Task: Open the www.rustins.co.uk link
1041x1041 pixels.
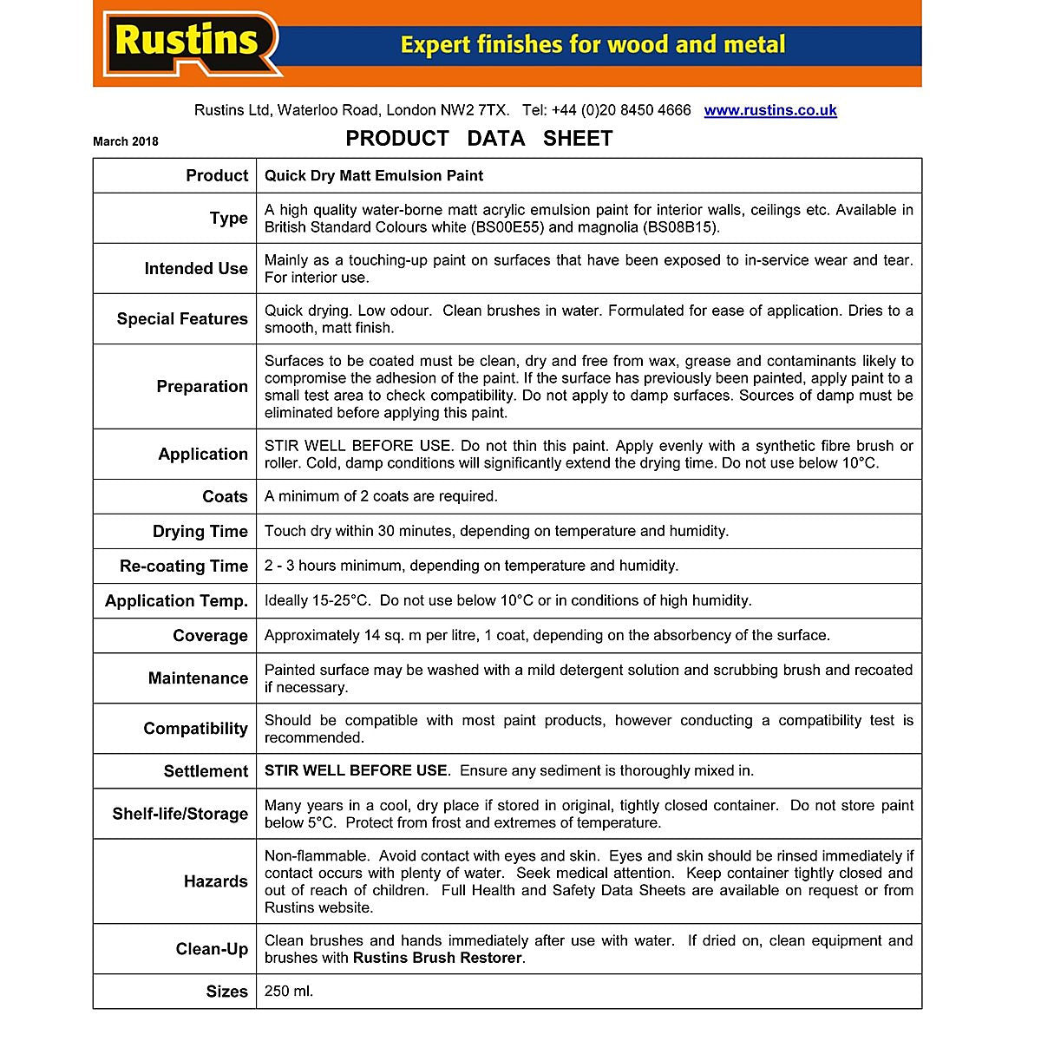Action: pyautogui.click(x=770, y=110)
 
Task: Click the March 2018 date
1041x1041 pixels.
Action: pyautogui.click(x=126, y=141)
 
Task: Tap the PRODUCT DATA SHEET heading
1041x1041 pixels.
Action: pyautogui.click(x=479, y=139)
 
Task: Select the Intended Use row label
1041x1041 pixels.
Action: pyautogui.click(x=196, y=269)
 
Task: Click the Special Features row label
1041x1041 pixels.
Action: pyautogui.click(x=182, y=319)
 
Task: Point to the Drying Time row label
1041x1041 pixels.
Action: pyautogui.click(x=200, y=532)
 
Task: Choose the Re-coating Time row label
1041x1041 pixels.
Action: pyautogui.click(x=184, y=566)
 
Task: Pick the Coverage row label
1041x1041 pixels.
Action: pyautogui.click(x=210, y=636)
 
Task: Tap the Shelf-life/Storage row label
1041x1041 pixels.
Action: pyautogui.click(x=180, y=814)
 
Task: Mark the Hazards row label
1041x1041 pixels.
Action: pyautogui.click(x=215, y=881)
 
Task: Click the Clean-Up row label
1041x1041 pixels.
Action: pyautogui.click(x=212, y=949)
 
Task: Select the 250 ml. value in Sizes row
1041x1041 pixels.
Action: pyautogui.click(x=289, y=992)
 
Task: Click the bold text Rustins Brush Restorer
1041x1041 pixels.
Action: pyautogui.click(x=437, y=959)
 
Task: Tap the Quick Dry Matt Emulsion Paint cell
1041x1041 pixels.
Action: pyautogui.click(x=374, y=176)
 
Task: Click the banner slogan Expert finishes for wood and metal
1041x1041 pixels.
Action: pyautogui.click(x=593, y=44)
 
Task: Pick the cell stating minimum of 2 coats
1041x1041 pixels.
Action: pyautogui.click(x=381, y=497)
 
